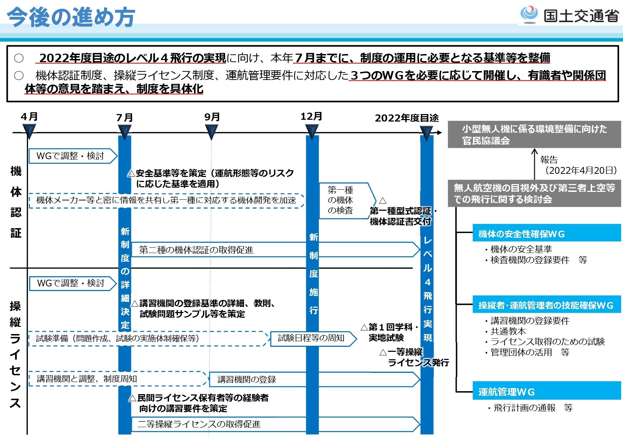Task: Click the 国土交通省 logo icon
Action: click(x=529, y=14)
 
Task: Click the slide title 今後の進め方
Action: click(x=71, y=17)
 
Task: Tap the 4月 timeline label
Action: click(x=29, y=117)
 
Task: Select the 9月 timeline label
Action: click(x=212, y=117)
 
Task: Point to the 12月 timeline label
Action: click(x=311, y=116)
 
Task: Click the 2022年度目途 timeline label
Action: click(x=407, y=118)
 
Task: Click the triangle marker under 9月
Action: click(x=212, y=132)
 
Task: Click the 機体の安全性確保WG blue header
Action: click(x=546, y=233)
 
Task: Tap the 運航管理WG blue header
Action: click(x=546, y=391)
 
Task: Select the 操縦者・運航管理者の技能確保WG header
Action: click(x=546, y=305)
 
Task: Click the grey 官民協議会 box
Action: click(x=534, y=135)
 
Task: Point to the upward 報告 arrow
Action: click(x=534, y=163)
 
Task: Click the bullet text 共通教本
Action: click(x=508, y=331)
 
